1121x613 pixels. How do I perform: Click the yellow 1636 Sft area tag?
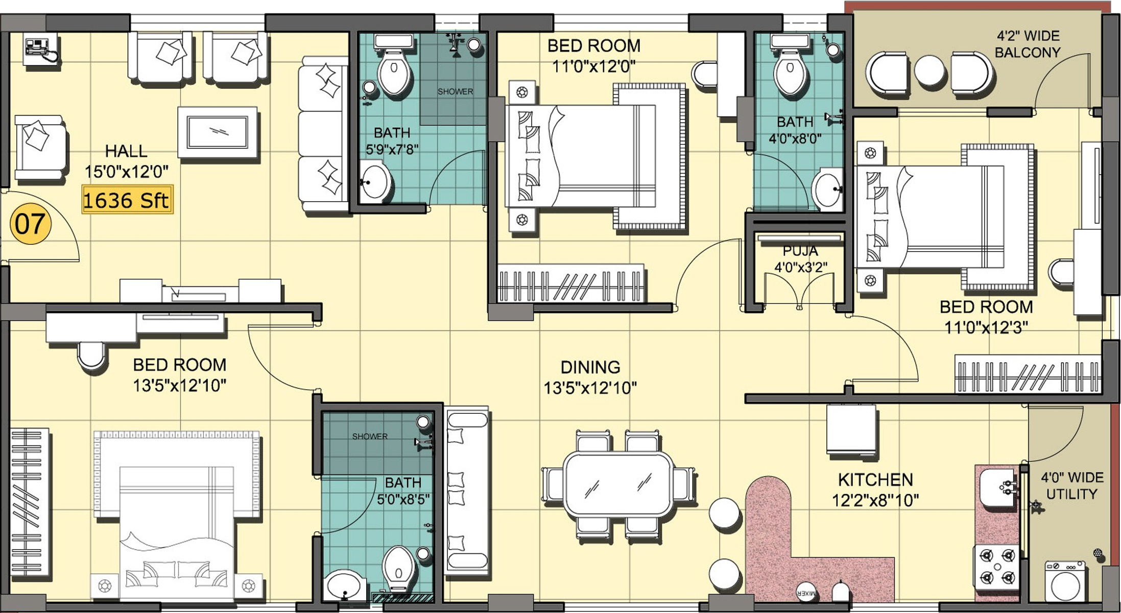[x=127, y=199]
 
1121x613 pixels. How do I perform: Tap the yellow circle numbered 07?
[x=30, y=223]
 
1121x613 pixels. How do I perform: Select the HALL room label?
[x=126, y=151]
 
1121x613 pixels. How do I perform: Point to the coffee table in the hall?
[x=217, y=132]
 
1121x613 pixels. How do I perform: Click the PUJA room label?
[x=800, y=251]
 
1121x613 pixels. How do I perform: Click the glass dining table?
[x=618, y=483]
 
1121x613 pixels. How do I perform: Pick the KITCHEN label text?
[x=875, y=480]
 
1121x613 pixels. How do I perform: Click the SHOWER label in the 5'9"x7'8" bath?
[x=455, y=91]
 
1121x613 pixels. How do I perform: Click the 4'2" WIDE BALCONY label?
[x=1028, y=44]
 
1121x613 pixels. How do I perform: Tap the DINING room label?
[x=590, y=367]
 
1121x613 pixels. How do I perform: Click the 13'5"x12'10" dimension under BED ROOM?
[x=179, y=385]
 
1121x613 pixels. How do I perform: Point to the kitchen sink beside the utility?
[x=999, y=487]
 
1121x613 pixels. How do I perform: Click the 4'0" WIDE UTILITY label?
[x=1072, y=486]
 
